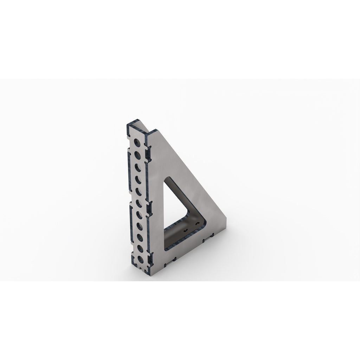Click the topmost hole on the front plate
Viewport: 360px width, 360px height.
(138, 142)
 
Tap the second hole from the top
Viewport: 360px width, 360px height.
(138, 155)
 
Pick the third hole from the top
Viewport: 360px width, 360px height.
(138, 167)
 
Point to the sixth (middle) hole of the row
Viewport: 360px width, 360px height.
(139, 203)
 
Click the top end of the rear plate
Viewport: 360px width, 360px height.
(137, 121)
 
